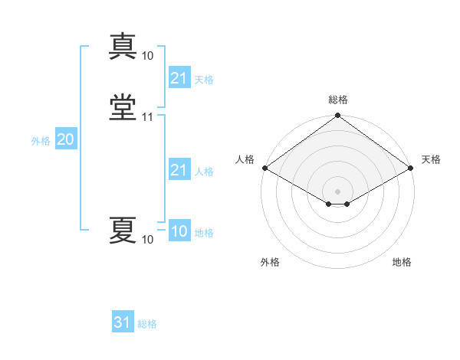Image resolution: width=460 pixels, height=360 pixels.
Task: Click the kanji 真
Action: (x=123, y=46)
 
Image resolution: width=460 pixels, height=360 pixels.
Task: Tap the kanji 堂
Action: (x=123, y=106)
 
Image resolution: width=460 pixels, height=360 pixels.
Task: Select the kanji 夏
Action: (x=123, y=230)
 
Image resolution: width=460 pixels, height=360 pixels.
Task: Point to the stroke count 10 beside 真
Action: (x=148, y=56)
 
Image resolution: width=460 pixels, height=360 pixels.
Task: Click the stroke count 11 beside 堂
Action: (x=148, y=117)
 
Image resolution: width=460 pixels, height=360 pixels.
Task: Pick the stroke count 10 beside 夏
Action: (x=148, y=241)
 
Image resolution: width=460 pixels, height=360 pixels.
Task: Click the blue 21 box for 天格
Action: (x=179, y=78)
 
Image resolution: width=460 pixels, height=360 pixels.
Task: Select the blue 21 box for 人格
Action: (x=179, y=170)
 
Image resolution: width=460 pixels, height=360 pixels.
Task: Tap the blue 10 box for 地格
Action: (x=179, y=232)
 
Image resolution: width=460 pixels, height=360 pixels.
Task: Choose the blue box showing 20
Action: (x=65, y=139)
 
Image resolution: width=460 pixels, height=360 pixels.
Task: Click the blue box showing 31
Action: (x=122, y=322)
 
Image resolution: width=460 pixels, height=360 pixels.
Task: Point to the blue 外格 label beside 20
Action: (x=40, y=141)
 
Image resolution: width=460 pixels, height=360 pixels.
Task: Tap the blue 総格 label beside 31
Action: (x=147, y=324)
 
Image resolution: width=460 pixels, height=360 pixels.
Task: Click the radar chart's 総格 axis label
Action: (x=337, y=100)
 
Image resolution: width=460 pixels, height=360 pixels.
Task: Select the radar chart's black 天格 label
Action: (x=431, y=159)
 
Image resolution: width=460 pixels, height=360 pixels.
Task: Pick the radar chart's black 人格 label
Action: (x=245, y=159)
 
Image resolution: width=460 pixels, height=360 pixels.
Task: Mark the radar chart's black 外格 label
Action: (x=270, y=262)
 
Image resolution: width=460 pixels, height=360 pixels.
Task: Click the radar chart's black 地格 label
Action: (x=402, y=262)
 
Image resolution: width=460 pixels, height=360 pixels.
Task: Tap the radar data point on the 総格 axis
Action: (x=337, y=116)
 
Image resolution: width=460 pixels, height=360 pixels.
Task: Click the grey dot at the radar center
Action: (x=337, y=191)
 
